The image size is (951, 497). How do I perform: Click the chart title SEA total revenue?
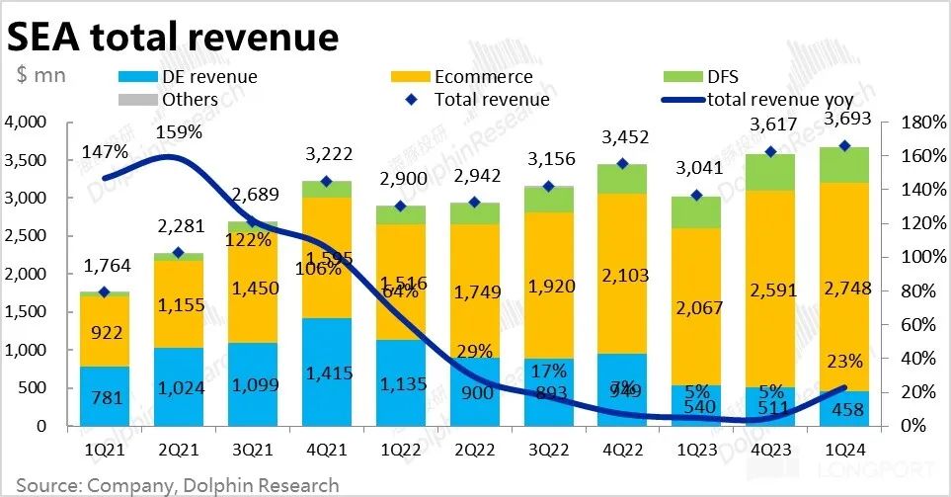click(174, 37)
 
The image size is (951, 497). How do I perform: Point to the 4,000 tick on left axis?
click(26, 123)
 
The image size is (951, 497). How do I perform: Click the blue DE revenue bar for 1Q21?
click(105, 396)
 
